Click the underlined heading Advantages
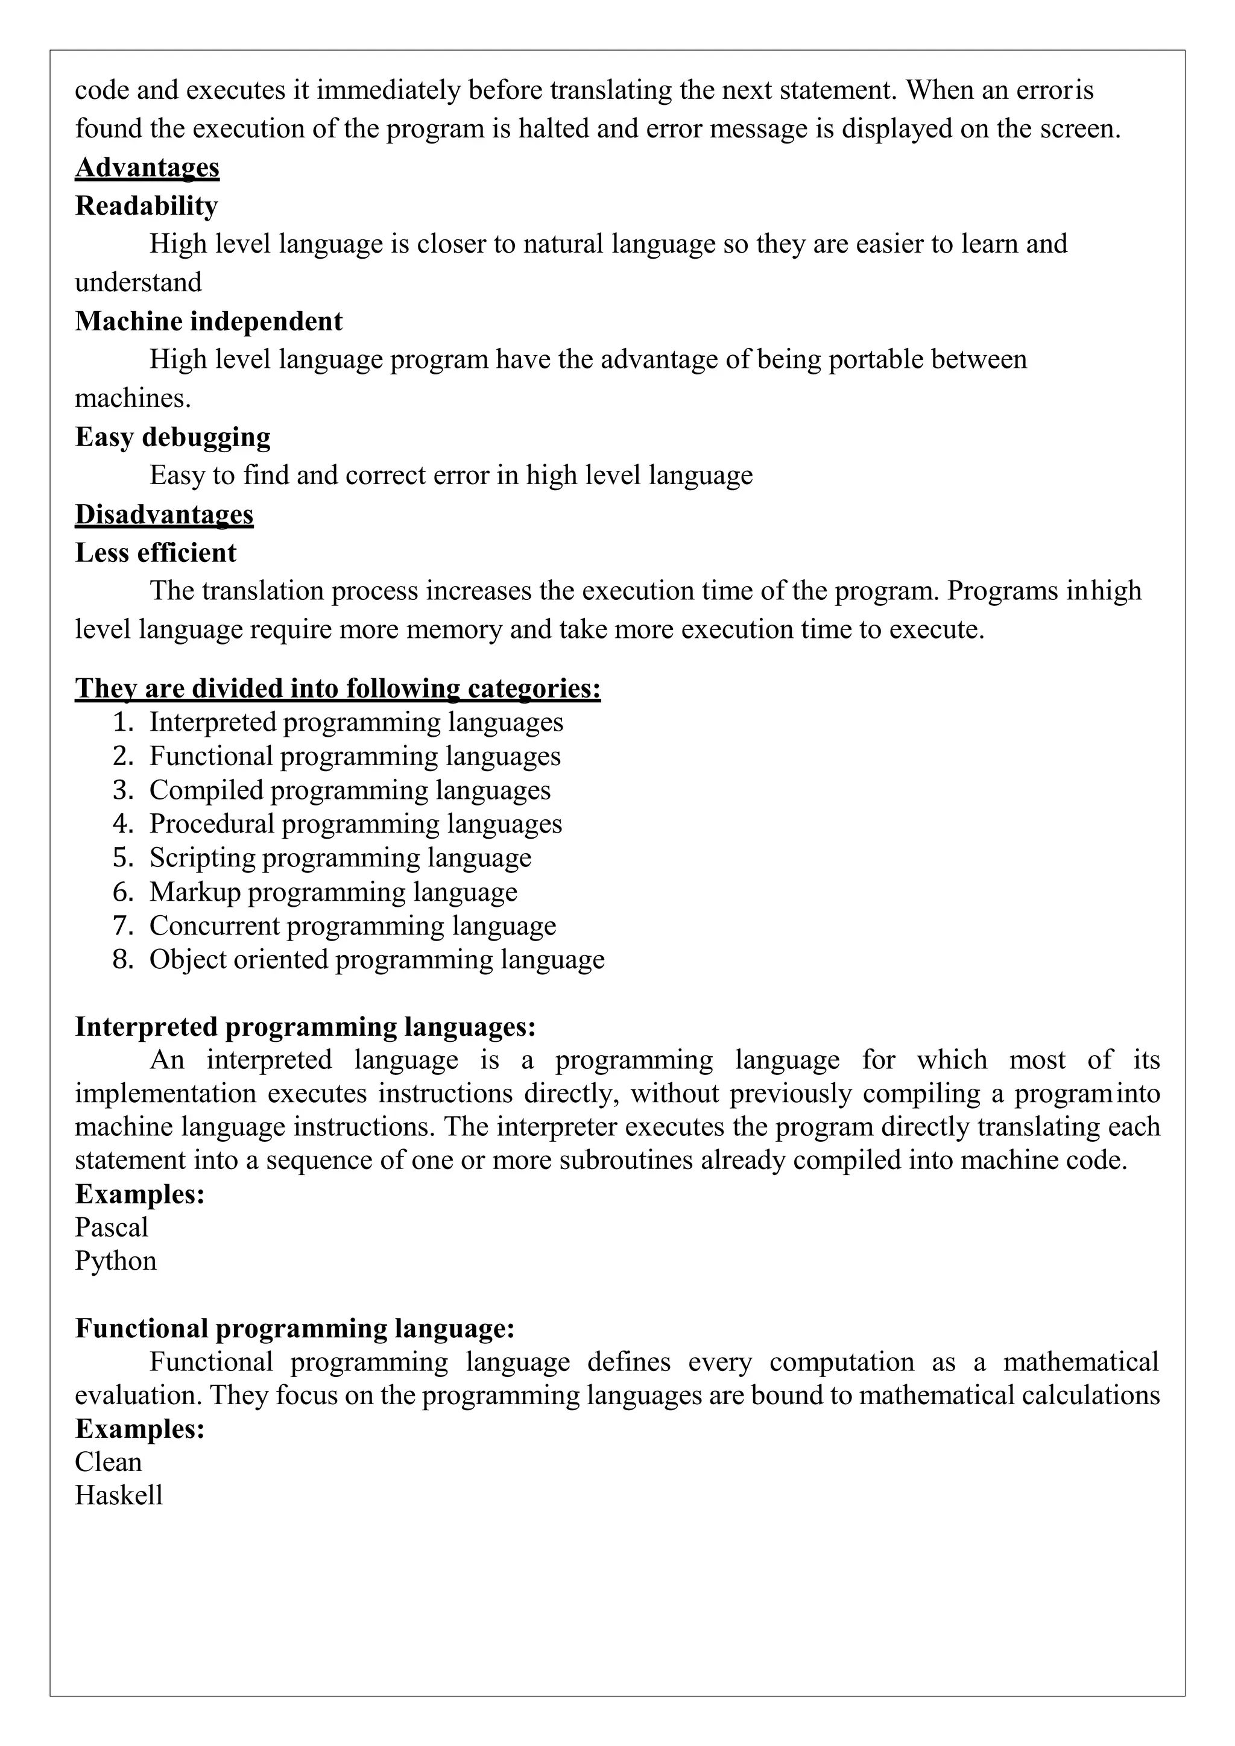coord(147,167)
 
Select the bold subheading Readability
coord(146,206)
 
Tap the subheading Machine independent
coord(209,322)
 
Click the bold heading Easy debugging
coord(172,437)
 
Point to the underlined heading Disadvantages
coord(163,515)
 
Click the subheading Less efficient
coord(155,553)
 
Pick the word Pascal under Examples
coord(111,1228)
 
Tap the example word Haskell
coord(119,1496)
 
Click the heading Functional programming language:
coord(294,1329)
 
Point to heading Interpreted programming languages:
coord(305,1027)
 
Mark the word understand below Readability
coord(137,283)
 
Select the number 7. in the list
coord(123,926)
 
